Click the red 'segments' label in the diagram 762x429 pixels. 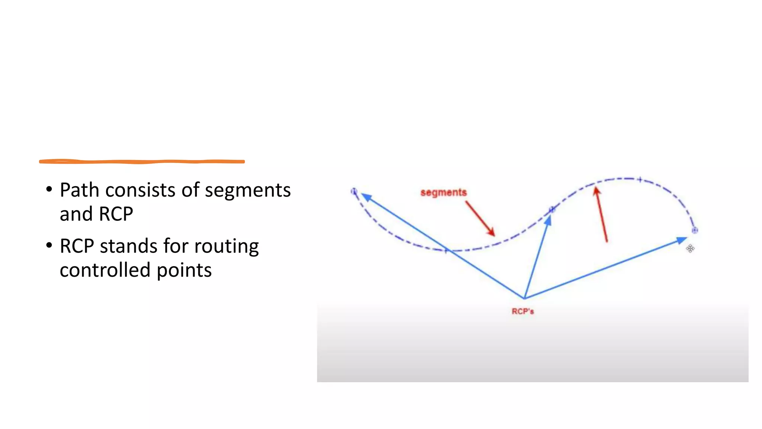(443, 193)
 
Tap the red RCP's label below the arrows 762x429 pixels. (522, 311)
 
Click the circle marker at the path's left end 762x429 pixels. (354, 191)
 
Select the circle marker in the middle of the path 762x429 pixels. (552, 210)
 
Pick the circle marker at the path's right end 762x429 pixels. (694, 230)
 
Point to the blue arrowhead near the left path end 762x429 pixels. (366, 197)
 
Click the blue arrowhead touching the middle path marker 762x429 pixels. (548, 221)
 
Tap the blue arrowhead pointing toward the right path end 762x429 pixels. (682, 240)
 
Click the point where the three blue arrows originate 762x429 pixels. (524, 298)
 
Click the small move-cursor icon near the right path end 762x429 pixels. (690, 248)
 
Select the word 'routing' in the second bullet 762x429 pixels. (226, 247)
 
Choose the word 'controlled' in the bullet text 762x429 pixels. (105, 270)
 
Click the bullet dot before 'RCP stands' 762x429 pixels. (49, 245)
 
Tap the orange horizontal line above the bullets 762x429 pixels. (142, 162)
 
